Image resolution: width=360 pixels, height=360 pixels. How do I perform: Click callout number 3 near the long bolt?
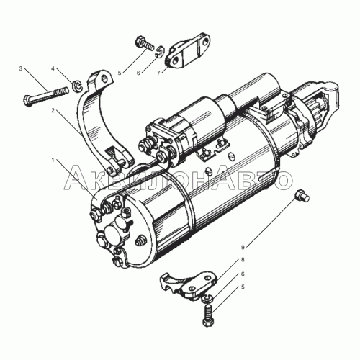[21, 68]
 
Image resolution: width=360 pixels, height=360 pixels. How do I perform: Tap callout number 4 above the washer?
[53, 68]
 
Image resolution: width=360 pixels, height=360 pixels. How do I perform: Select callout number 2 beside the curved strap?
[53, 110]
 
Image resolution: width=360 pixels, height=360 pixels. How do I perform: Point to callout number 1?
[53, 160]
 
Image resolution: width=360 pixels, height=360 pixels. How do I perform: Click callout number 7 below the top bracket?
[158, 73]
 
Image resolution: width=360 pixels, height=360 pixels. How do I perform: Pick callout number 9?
[243, 247]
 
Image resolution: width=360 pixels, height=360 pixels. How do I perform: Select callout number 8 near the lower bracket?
[243, 260]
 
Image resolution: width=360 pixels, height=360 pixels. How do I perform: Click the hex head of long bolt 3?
[27, 101]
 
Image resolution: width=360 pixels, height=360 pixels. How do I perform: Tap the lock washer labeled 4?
[77, 86]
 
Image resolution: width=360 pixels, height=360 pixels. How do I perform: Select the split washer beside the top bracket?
[160, 52]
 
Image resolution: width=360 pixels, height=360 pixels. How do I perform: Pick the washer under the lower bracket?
[207, 299]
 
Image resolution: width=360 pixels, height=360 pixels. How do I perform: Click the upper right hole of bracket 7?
[204, 41]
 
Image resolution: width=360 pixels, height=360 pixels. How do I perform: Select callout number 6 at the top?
[138, 73]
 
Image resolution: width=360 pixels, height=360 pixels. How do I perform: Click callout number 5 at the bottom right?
[243, 287]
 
